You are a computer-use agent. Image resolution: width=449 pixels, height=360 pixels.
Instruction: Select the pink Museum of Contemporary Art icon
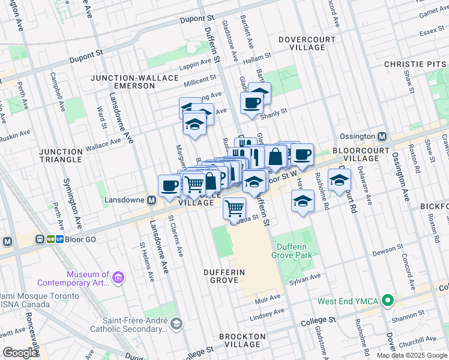(118, 277)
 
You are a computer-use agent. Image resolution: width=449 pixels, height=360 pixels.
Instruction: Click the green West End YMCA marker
(388, 300)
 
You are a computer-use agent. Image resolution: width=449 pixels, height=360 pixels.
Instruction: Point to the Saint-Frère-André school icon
(176, 324)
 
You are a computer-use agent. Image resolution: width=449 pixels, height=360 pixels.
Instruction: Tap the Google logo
(20, 353)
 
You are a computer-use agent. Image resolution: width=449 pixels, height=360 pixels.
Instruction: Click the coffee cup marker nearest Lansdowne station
(170, 185)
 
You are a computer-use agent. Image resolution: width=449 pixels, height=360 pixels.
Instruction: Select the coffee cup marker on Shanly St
(252, 103)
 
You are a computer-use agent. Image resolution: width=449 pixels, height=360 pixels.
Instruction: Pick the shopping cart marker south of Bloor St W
(234, 208)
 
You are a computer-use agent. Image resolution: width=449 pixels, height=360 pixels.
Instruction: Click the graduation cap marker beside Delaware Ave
(339, 179)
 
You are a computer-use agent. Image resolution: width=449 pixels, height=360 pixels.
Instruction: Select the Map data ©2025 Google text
(412, 355)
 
